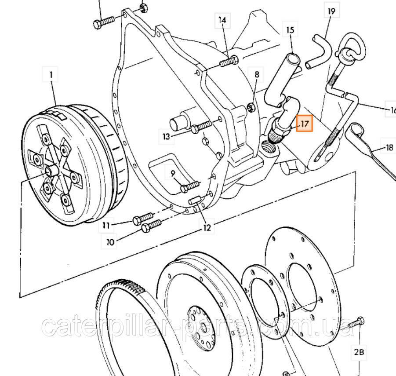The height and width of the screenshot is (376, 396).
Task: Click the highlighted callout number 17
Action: tap(304, 124)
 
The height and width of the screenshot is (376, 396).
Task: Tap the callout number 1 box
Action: tap(51, 75)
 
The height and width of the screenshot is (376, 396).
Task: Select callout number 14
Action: tap(222, 20)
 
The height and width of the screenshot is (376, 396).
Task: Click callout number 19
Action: tap(331, 11)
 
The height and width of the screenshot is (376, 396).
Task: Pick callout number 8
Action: tap(257, 75)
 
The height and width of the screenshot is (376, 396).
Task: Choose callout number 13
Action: tap(167, 136)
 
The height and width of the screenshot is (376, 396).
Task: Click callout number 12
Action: tap(207, 227)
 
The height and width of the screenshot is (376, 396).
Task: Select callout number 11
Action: tap(106, 225)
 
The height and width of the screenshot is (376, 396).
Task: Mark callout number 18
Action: tap(389, 148)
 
